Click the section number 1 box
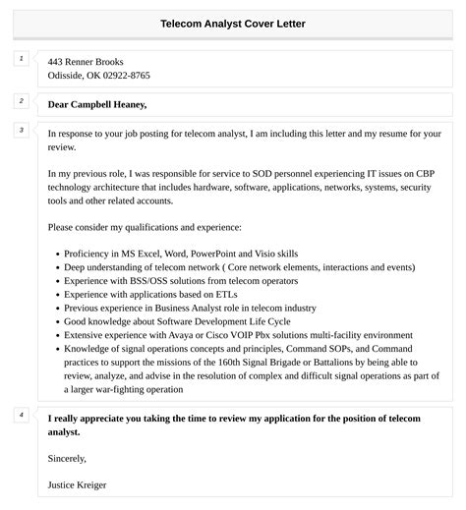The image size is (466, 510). click(x=21, y=59)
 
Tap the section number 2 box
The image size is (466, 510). click(x=21, y=101)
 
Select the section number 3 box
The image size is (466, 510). click(x=21, y=130)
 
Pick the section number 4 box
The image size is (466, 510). click(x=21, y=415)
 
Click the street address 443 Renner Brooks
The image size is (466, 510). click(x=86, y=61)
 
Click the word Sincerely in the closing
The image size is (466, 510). click(x=68, y=458)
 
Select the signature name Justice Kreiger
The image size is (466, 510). click(x=77, y=484)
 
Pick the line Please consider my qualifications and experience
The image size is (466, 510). click(x=145, y=226)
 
